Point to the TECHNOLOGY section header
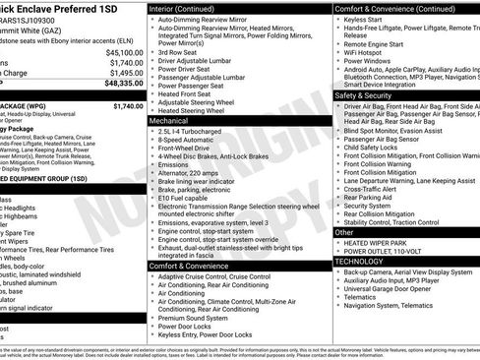[361, 262]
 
